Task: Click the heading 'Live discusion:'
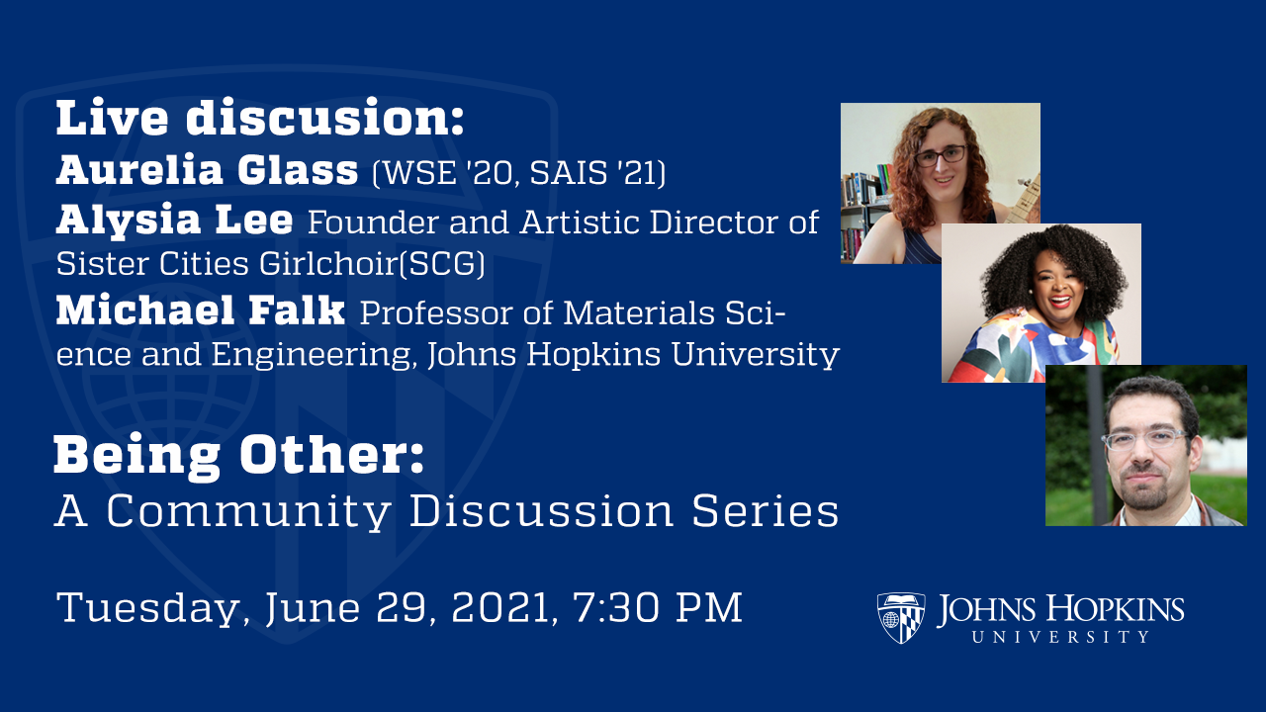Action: [259, 120]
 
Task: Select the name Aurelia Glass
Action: [207, 171]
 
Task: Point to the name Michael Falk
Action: [201, 311]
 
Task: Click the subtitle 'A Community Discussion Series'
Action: [446, 511]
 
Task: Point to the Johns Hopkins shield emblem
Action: [901, 618]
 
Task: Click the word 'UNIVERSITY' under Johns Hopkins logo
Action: [1060, 638]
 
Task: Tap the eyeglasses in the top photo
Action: [941, 156]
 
